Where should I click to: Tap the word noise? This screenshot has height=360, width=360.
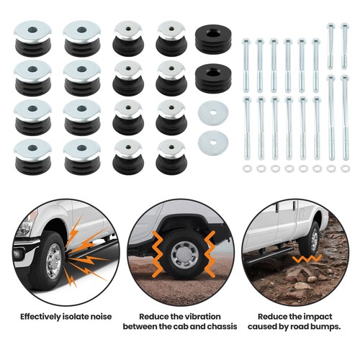[x=98, y=315]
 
